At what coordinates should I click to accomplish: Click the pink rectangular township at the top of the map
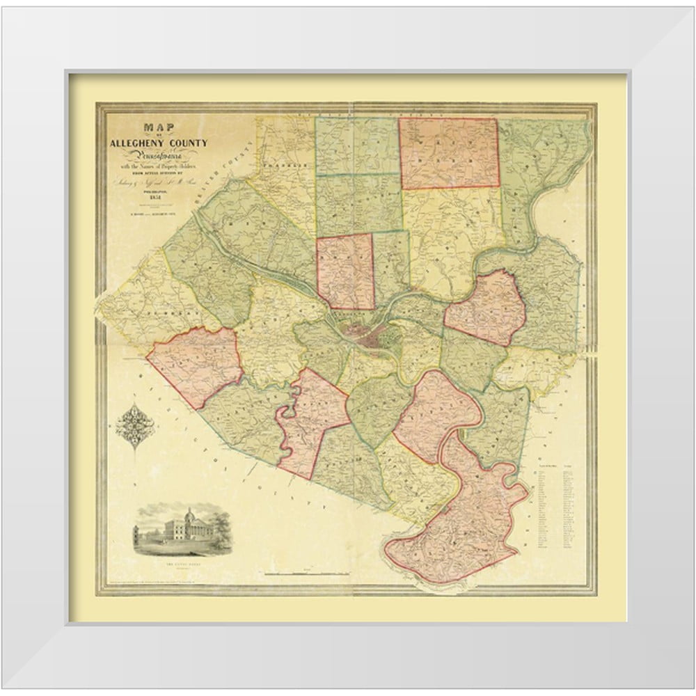(449, 153)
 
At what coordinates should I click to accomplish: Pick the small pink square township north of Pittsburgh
(345, 271)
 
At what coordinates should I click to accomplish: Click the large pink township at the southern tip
(459, 529)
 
